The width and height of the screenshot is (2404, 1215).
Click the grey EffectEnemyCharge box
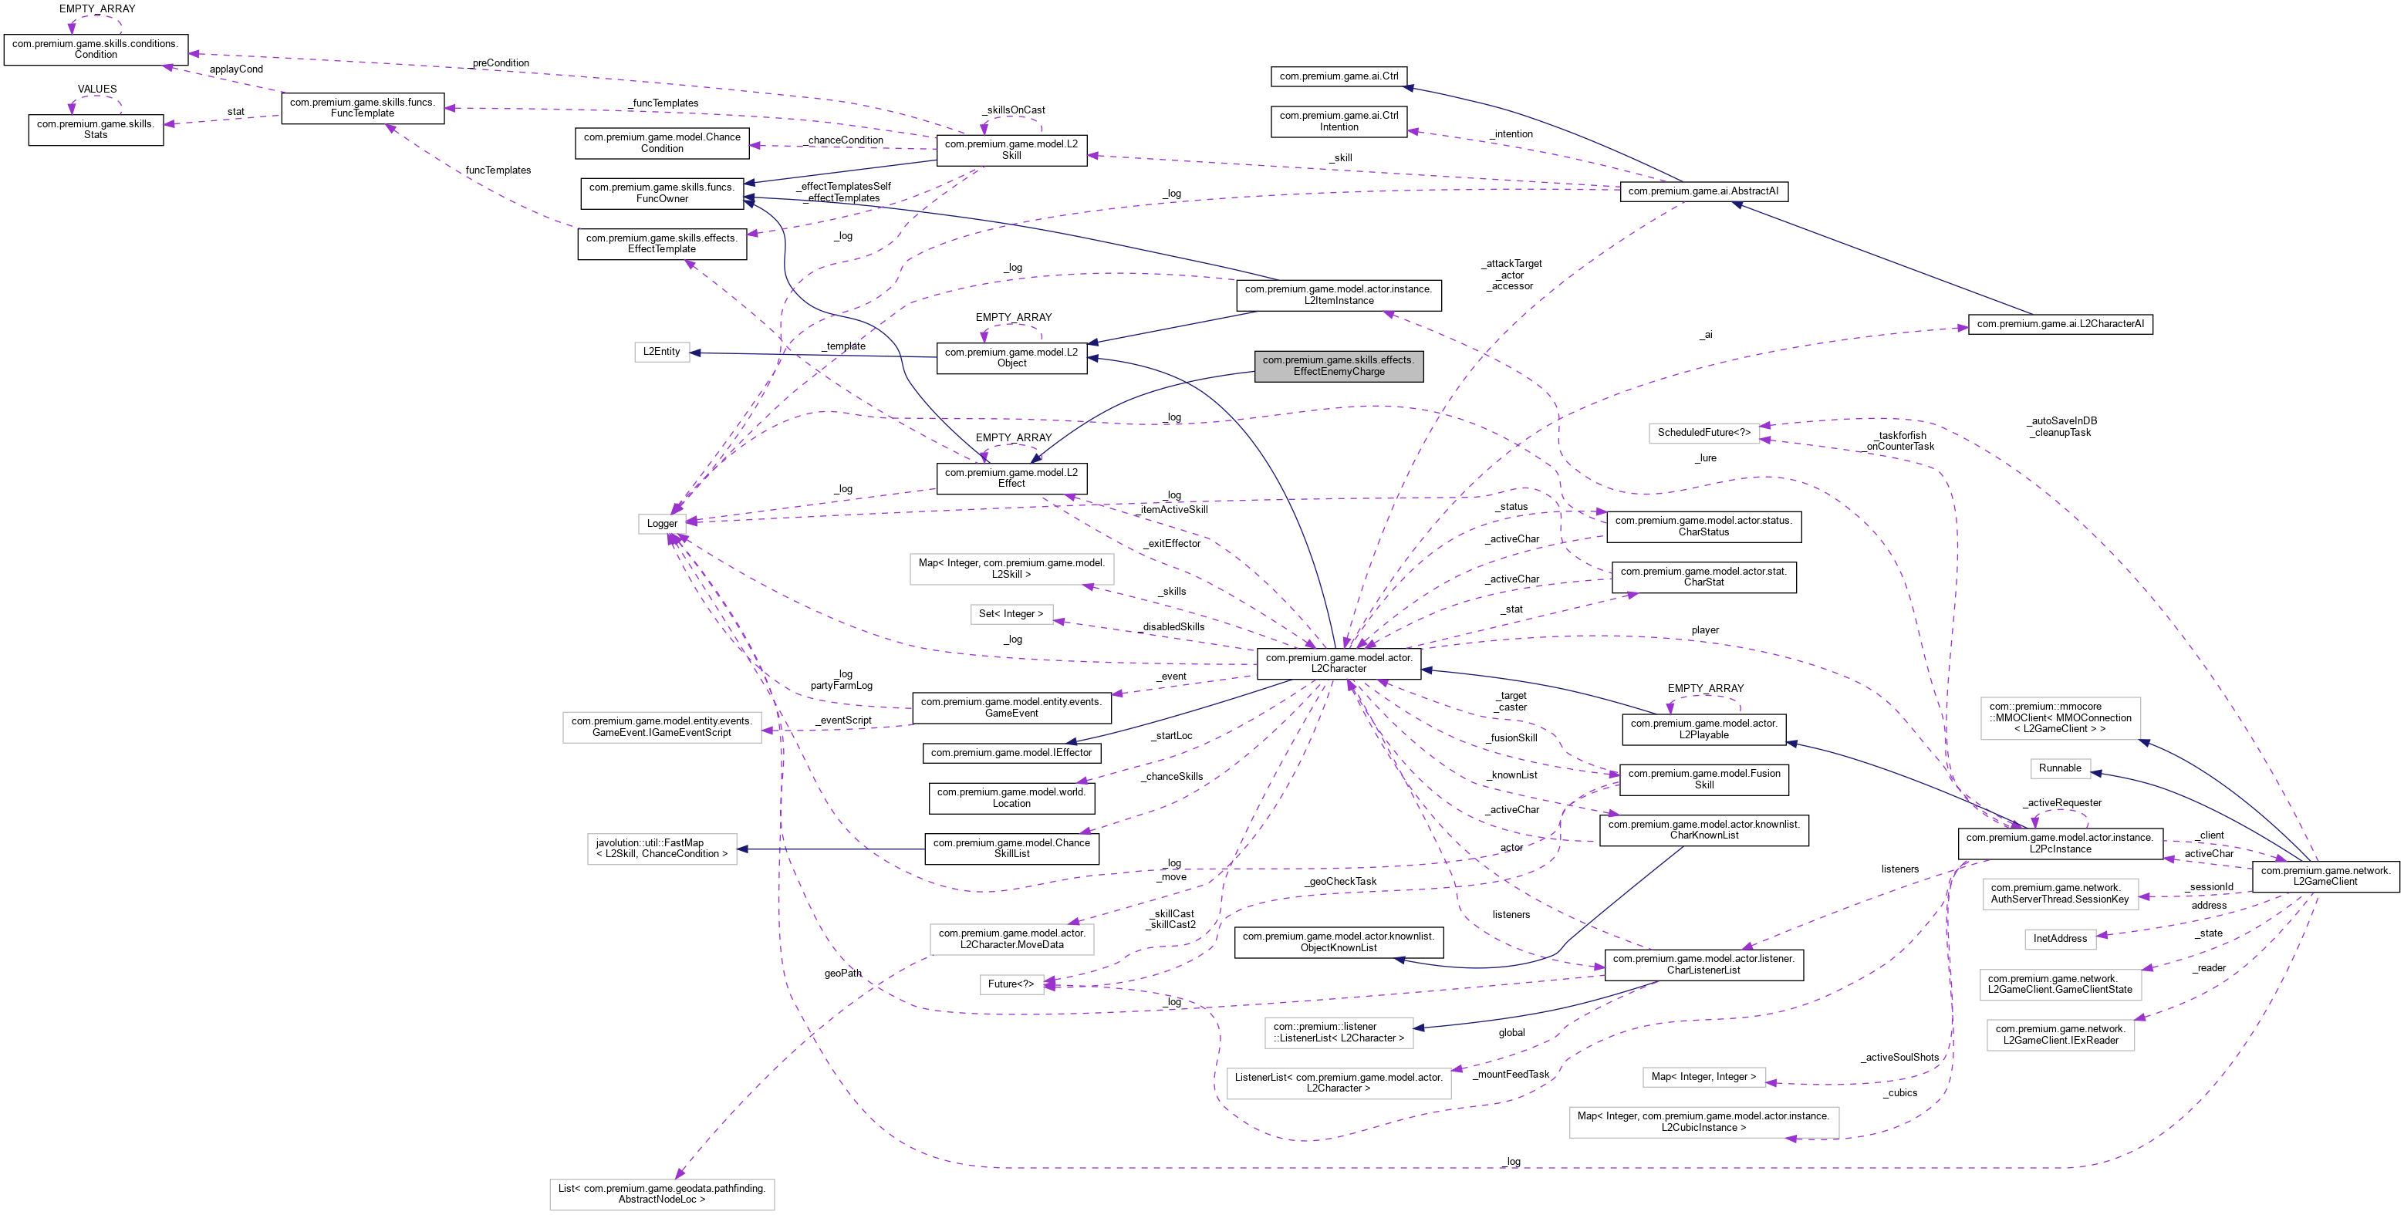[1339, 366]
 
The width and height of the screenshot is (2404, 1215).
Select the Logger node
[662, 524]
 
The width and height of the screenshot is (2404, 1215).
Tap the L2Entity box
[662, 352]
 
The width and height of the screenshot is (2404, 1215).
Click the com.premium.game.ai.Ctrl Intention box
[1339, 121]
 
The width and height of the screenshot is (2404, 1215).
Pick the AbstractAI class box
[1703, 191]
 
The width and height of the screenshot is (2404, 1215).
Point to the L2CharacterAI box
[2060, 324]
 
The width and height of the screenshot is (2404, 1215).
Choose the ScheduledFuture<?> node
[1703, 433]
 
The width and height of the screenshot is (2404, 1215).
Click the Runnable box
[2060, 768]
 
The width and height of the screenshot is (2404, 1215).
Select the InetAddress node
[2060, 938]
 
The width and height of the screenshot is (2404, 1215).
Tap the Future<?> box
[1011, 984]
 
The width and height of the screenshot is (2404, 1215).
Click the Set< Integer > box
[1011, 614]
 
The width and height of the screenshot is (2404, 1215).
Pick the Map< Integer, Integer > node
[1703, 1077]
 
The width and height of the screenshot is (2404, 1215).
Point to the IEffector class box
[1011, 752]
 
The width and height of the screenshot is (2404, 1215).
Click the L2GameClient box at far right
[2325, 876]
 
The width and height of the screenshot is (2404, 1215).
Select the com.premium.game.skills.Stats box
[96, 130]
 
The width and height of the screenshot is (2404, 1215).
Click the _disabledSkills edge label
[1172, 627]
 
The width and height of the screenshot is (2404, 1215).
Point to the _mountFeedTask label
[1512, 1074]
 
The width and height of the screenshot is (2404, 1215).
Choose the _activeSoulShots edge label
[1900, 1058]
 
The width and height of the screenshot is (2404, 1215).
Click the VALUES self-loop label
[97, 89]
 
